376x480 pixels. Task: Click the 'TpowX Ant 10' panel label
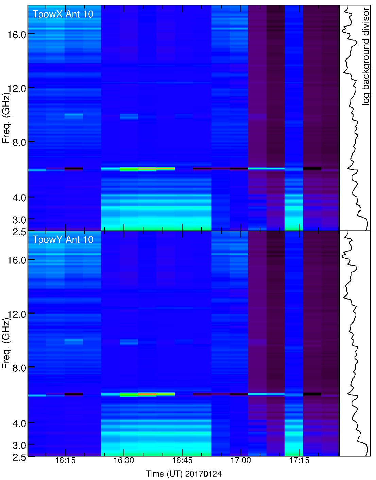(x=63, y=14)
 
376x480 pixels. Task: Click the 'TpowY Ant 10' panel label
(x=63, y=240)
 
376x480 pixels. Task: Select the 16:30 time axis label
(x=124, y=461)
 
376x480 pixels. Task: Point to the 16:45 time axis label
(x=182, y=461)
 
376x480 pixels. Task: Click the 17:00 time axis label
(x=241, y=461)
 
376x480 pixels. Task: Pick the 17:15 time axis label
(x=299, y=461)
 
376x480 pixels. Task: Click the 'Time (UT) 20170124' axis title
(x=184, y=474)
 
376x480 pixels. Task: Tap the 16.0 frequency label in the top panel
(x=17, y=34)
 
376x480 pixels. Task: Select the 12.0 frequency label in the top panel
(x=17, y=89)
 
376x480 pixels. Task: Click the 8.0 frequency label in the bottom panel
(x=19, y=368)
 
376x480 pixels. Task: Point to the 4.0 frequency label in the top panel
(x=19, y=198)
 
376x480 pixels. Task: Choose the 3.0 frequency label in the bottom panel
(x=19, y=446)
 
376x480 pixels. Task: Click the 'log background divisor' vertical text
(x=366, y=56)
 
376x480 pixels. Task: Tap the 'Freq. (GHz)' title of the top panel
(x=6, y=117)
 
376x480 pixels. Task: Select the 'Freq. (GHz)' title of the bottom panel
(x=6, y=343)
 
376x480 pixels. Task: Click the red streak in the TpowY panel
(x=147, y=394)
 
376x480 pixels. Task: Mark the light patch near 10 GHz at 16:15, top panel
(x=73, y=116)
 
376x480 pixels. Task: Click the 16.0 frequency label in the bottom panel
(x=17, y=260)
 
